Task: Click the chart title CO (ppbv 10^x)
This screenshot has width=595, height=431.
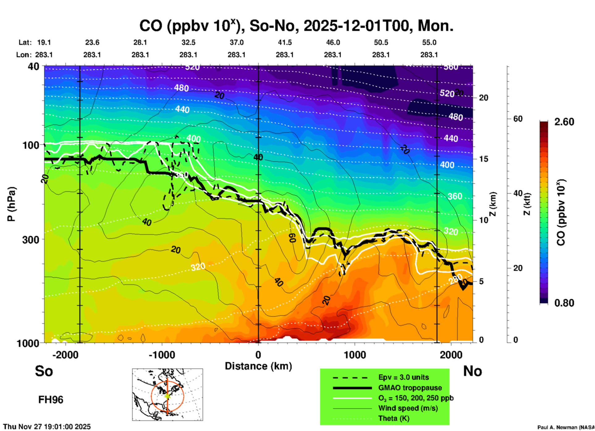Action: [x=296, y=26]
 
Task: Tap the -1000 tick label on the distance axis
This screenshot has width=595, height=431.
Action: [x=162, y=355]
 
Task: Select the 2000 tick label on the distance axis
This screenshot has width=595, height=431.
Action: [x=451, y=355]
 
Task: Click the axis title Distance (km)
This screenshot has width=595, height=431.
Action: [x=258, y=366]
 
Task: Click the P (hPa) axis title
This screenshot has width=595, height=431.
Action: [x=11, y=204]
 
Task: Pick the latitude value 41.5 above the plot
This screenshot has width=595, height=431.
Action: [x=285, y=42]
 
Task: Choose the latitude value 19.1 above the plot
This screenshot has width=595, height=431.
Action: [x=44, y=42]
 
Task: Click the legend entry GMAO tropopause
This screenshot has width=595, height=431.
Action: [x=410, y=388]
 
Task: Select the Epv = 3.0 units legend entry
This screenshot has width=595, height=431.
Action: [x=403, y=377]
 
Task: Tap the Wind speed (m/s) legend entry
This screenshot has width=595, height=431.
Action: [x=408, y=408]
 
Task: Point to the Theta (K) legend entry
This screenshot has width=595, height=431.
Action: [x=394, y=418]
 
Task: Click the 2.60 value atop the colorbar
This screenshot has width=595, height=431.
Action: [x=564, y=122]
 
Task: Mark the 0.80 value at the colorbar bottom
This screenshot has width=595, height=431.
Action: [x=564, y=303]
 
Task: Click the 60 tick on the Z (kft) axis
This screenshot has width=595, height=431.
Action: [x=518, y=119]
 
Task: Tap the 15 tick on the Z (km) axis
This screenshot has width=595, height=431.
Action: [x=483, y=159]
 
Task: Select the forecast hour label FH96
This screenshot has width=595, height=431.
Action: [x=51, y=400]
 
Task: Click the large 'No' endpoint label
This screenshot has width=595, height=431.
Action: [x=472, y=371]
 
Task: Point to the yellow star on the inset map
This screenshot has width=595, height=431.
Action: [x=167, y=395]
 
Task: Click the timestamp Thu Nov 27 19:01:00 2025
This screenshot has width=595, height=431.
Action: [x=47, y=427]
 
